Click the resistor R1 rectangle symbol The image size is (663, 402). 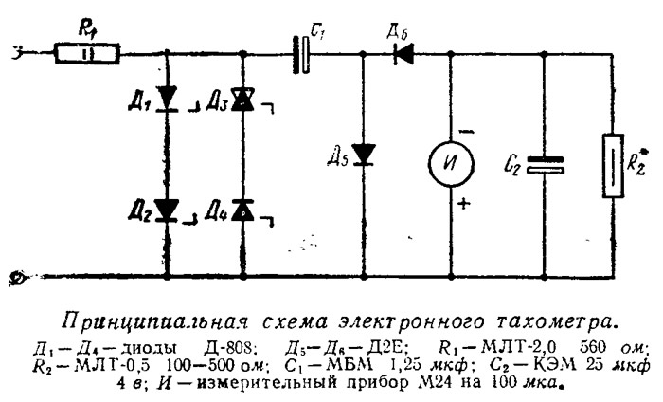87,54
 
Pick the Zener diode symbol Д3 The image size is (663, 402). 242,99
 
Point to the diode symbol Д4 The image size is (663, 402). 242,210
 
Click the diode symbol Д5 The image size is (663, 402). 363,155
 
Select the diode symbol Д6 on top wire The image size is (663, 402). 403,54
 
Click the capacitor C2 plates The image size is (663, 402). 545,165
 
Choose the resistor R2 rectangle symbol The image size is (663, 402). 613,166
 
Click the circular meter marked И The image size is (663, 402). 451,163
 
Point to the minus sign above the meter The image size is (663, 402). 466,132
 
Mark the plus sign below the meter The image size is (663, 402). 464,205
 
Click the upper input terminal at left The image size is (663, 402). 18,52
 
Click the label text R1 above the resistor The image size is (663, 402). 86,30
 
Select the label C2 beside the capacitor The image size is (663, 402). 512,165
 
